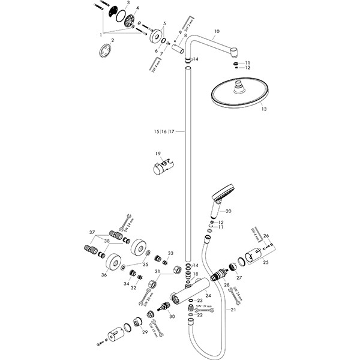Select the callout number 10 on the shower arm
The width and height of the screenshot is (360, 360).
[x=217, y=31]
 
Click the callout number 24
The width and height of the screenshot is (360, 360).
[x=208, y=295]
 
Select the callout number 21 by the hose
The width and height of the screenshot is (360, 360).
[x=233, y=310]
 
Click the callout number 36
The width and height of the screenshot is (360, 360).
[x=105, y=275]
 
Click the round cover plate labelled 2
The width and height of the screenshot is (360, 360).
[x=106, y=52]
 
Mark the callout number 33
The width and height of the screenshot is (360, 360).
[x=170, y=253]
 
